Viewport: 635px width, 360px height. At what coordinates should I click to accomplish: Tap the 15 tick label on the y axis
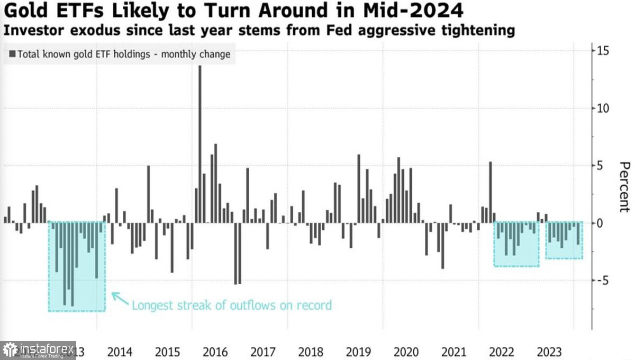click(x=603, y=51)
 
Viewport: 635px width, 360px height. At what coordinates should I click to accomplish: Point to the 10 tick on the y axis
click(x=603, y=108)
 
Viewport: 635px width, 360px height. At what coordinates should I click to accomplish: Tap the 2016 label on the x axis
click(x=215, y=352)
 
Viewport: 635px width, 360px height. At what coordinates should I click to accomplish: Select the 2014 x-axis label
click(x=120, y=352)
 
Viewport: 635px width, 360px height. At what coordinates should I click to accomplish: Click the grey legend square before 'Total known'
click(x=12, y=54)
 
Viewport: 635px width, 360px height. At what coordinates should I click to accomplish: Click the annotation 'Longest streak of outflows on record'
click(x=231, y=305)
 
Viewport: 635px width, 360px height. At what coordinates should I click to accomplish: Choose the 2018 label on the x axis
click(x=310, y=352)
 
